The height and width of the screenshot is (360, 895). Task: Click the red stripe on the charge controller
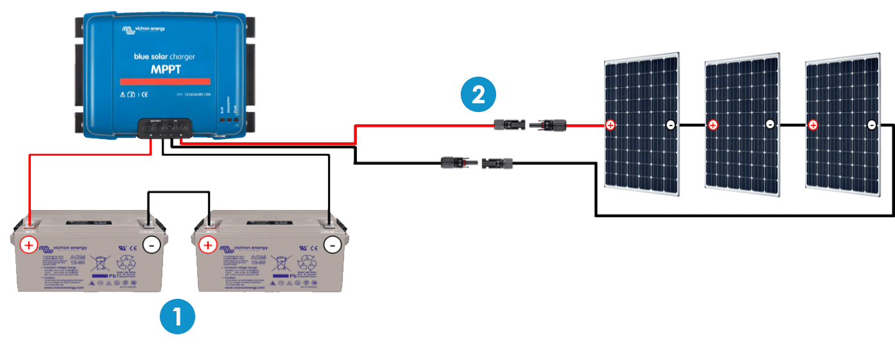click(164, 81)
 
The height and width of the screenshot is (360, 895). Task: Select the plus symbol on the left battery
click(29, 245)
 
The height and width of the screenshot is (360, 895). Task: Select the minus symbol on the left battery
click(151, 245)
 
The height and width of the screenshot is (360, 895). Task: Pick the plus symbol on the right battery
click(207, 245)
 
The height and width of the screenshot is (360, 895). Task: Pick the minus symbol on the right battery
click(332, 245)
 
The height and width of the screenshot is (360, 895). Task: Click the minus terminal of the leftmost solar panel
click(670, 125)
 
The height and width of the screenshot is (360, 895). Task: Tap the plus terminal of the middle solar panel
click(713, 125)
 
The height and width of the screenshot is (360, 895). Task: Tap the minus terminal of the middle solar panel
click(770, 125)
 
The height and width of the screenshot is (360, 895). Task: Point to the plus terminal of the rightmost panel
click(813, 125)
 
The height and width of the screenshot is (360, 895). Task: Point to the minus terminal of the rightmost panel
click(871, 125)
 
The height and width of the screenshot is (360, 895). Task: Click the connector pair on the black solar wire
click(476, 161)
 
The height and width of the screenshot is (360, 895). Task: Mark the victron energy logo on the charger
click(145, 30)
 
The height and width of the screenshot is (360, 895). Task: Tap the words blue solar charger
click(164, 57)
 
